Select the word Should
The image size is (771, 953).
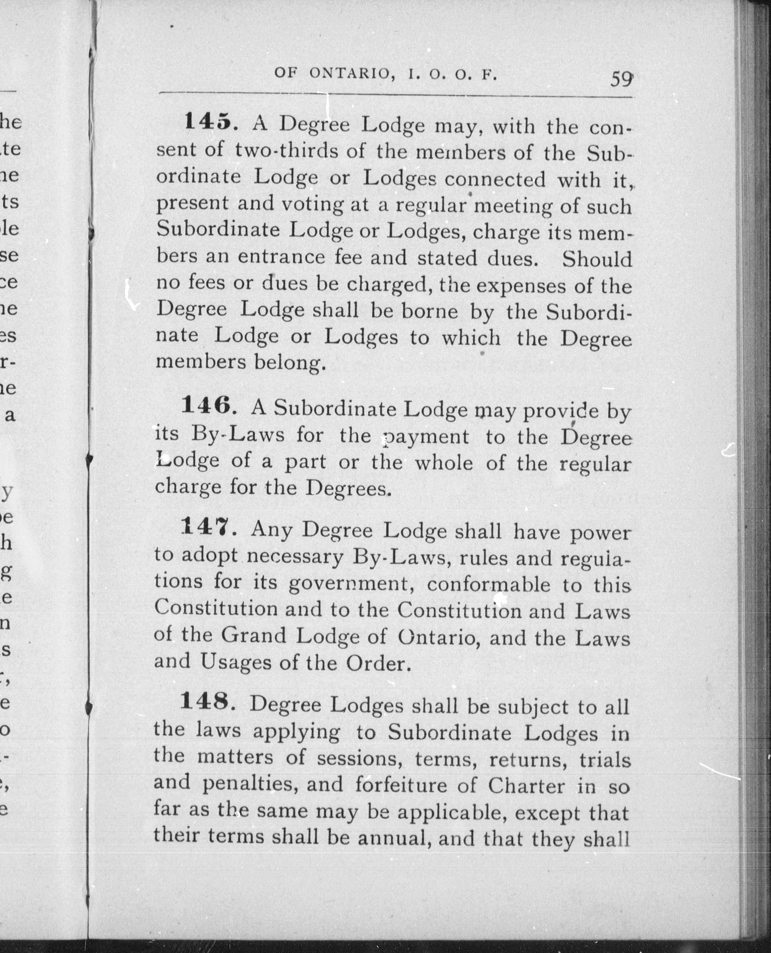[597, 259]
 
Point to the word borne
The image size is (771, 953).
[429, 311]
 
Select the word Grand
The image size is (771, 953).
[254, 636]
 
